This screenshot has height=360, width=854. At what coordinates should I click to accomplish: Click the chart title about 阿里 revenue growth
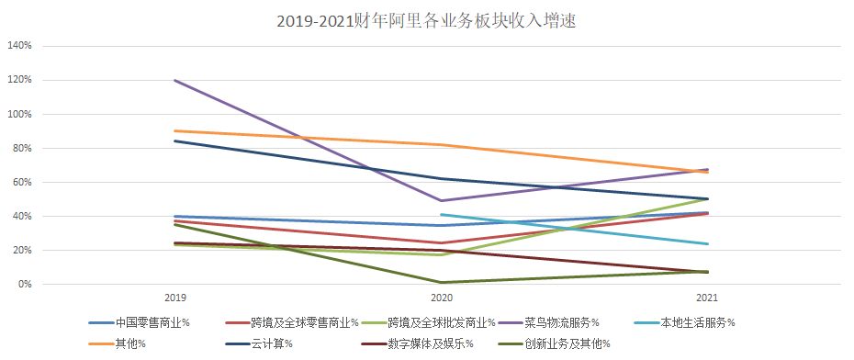(x=426, y=21)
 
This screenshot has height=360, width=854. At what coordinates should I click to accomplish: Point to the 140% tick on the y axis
(x=19, y=46)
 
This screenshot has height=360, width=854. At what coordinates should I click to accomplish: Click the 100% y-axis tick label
(x=19, y=114)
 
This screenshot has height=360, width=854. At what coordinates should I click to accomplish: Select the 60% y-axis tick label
(x=21, y=183)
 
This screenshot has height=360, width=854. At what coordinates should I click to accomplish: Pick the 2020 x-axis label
(x=441, y=298)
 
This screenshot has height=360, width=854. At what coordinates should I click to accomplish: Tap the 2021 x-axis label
(x=707, y=298)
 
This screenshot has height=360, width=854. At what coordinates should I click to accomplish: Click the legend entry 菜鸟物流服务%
(x=562, y=322)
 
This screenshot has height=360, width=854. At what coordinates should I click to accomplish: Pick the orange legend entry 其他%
(x=129, y=343)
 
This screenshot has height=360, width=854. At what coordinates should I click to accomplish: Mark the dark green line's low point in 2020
(x=441, y=283)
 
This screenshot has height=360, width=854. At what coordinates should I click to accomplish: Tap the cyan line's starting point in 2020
(x=441, y=215)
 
